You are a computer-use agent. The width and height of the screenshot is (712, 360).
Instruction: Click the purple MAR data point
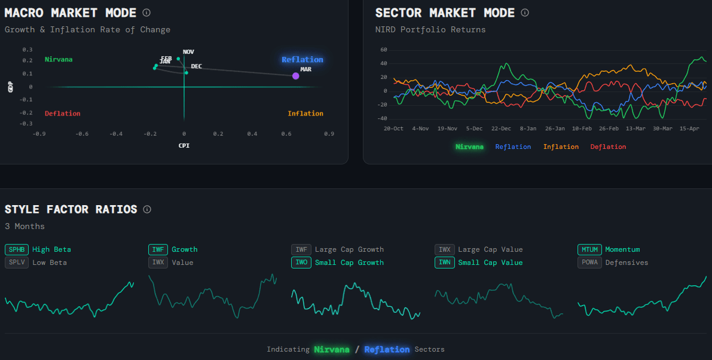(295, 75)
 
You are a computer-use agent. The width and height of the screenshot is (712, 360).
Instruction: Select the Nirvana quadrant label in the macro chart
(59, 59)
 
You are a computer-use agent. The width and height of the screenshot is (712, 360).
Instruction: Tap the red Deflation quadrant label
(62, 114)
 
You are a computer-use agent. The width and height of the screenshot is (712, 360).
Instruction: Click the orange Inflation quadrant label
(305, 114)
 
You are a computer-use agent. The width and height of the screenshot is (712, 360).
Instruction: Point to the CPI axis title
(184, 145)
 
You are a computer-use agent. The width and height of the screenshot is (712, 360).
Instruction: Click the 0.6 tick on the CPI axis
(287, 134)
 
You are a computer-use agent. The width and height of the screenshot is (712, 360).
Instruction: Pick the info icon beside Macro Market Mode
(146, 13)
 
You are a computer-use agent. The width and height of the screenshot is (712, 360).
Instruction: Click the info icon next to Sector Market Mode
(525, 13)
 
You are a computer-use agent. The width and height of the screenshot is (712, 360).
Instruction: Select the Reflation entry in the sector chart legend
(513, 147)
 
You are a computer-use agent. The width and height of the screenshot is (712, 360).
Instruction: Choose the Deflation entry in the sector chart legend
(608, 147)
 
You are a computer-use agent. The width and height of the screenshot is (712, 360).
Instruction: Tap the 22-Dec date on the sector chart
(501, 129)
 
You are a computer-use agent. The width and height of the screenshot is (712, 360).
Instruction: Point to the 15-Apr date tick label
(689, 129)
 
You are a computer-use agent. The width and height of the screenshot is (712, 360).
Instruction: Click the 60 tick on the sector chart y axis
(384, 50)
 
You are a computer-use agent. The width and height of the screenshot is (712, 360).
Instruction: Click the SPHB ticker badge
(16, 249)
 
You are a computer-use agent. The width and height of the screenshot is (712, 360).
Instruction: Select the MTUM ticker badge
(589, 249)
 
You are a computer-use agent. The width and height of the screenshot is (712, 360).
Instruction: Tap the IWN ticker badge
(444, 263)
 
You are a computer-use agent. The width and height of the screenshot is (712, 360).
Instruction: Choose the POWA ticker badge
(589, 263)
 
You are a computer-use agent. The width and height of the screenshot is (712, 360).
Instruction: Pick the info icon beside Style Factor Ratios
(147, 209)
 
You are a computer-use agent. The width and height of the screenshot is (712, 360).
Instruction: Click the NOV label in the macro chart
(188, 52)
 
